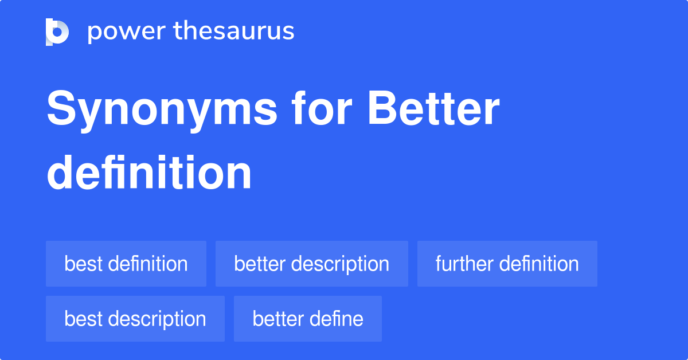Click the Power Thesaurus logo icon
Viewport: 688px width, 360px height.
(x=57, y=32)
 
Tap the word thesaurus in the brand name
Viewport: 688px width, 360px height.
(x=234, y=30)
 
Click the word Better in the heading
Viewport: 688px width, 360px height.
(x=433, y=108)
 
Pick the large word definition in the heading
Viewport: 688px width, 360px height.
(x=149, y=173)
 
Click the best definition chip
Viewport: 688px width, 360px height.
(x=126, y=264)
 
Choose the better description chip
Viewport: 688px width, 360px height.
(x=312, y=264)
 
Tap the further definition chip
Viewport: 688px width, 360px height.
(x=507, y=264)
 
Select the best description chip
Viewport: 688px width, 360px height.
(x=135, y=319)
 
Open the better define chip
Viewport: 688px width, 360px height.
(x=308, y=319)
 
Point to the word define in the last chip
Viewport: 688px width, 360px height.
(x=337, y=319)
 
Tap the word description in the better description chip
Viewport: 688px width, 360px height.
(x=340, y=265)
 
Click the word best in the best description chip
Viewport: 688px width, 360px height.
(x=83, y=319)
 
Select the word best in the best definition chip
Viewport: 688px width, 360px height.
(x=83, y=264)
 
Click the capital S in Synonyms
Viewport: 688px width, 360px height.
(x=61, y=108)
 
